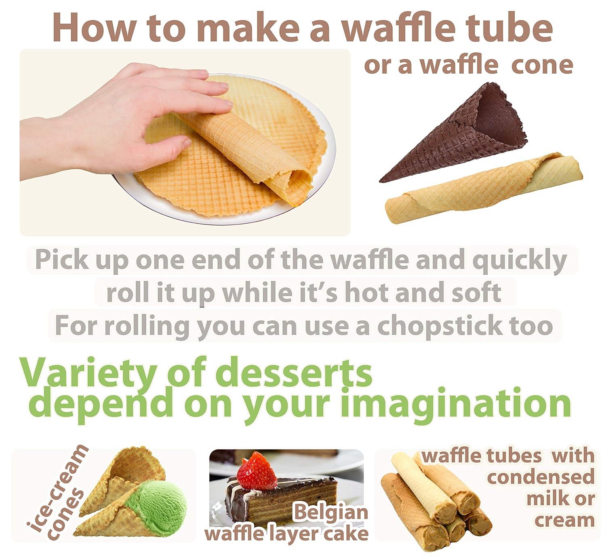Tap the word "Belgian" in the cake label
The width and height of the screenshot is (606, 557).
click(330, 512)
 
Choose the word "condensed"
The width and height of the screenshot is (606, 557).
click(541, 477)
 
